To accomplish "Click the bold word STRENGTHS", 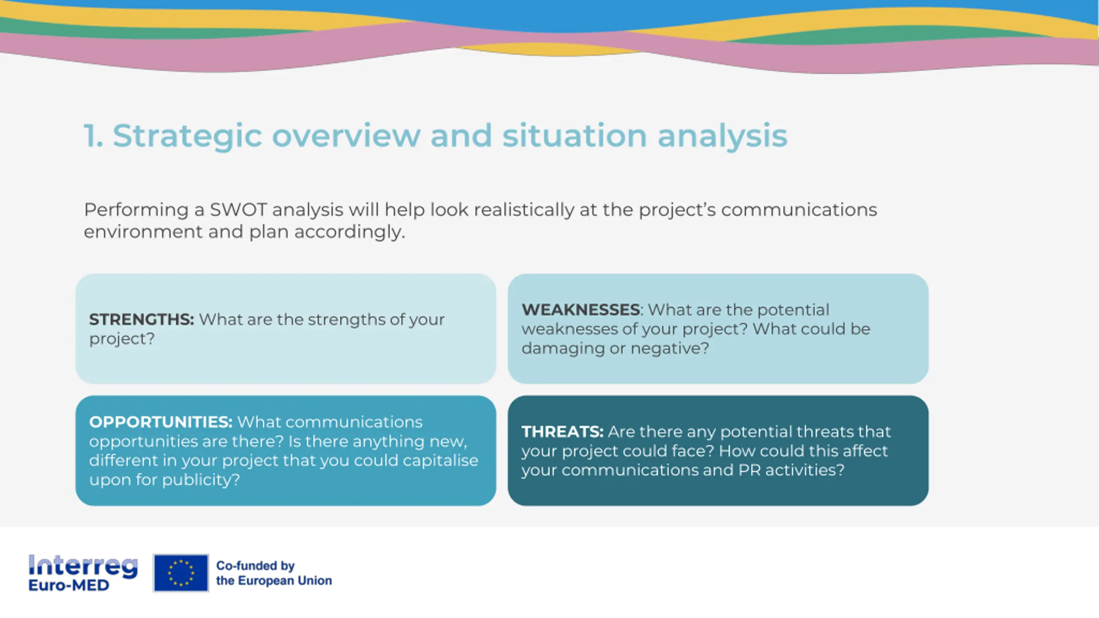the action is (141, 319).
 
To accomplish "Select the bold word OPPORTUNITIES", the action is (161, 422).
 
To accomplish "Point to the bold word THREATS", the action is (562, 431).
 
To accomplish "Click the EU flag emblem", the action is (181, 573).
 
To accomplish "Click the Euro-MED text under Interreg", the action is (69, 585).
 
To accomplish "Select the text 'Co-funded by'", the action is (255, 566).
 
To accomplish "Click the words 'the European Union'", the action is (274, 581).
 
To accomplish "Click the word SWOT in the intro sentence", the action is (238, 210).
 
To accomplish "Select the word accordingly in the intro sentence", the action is (349, 233).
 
